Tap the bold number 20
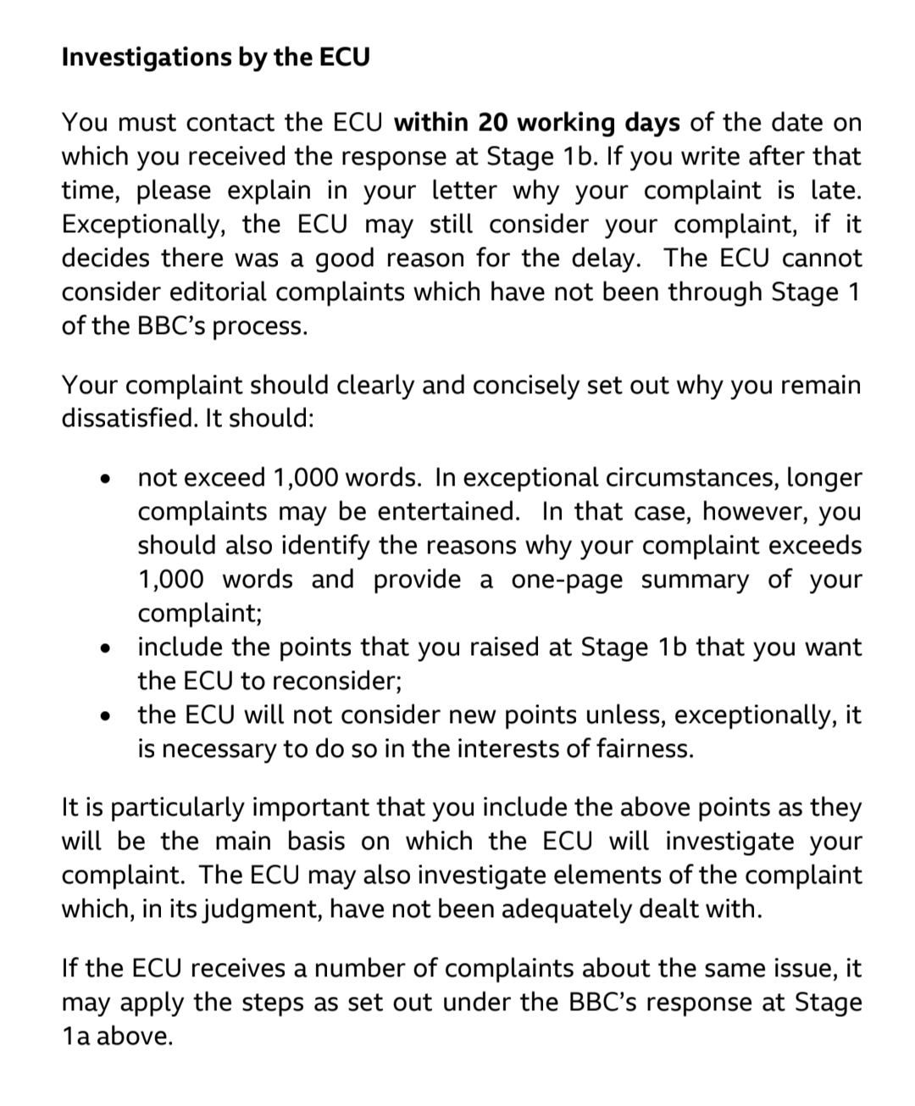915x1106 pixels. [x=492, y=123]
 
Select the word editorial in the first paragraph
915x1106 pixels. [x=219, y=292]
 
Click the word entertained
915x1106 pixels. [x=448, y=512]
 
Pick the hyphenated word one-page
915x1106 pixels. [x=567, y=580]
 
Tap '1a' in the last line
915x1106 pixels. [x=75, y=1036]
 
